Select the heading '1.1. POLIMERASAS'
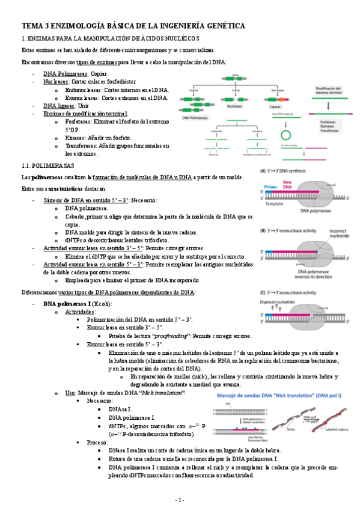(47, 165)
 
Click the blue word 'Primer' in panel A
(272, 188)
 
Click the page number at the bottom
(180, 500)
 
